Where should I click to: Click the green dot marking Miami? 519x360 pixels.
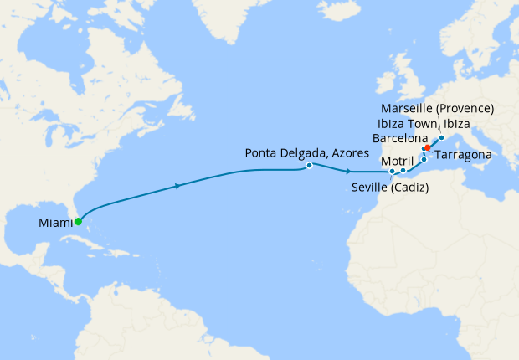[x=78, y=222]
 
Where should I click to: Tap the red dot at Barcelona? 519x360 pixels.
[x=428, y=148]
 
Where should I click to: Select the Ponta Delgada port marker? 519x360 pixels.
[x=310, y=166]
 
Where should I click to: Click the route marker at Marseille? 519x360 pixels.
[x=441, y=137]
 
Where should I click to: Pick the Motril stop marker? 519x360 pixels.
[x=403, y=171]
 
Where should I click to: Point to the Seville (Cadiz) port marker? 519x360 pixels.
[x=392, y=173]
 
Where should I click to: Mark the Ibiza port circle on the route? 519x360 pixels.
[x=424, y=159]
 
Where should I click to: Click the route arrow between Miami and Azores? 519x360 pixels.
[x=178, y=186]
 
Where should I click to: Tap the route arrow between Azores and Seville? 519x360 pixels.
[x=347, y=171]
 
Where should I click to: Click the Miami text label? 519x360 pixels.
[x=55, y=223]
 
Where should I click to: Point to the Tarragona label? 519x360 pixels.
[x=464, y=156]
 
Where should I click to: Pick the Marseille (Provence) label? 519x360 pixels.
[x=437, y=109]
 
